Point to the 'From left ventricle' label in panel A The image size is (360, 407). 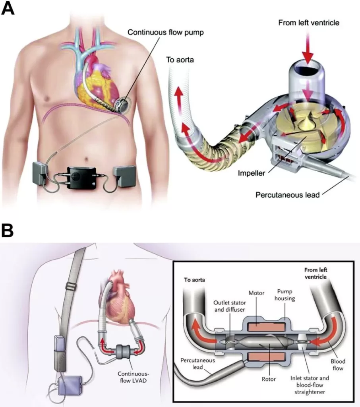[308, 23]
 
